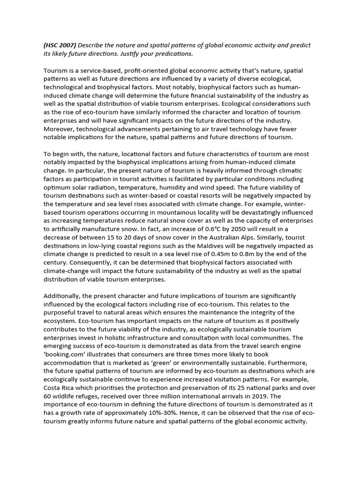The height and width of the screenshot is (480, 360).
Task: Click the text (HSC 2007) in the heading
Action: tap(60, 45)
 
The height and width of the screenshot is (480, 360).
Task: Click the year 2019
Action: tap(262, 396)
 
